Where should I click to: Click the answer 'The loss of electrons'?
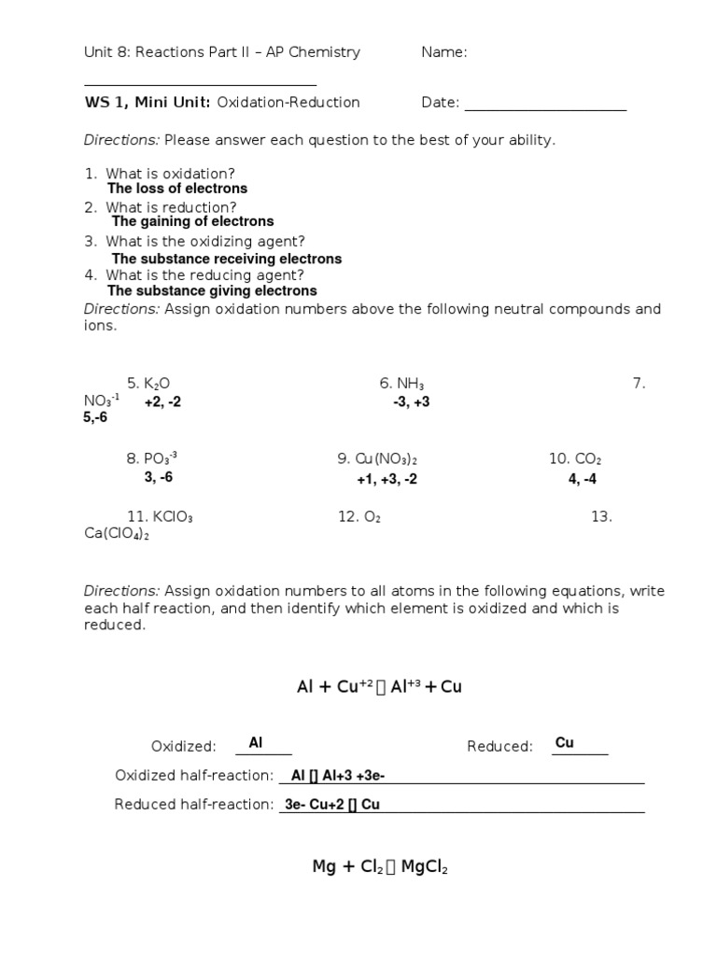point(177,189)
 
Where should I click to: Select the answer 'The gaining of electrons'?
point(192,222)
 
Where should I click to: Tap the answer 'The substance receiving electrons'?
point(226,259)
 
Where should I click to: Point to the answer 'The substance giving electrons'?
point(214,291)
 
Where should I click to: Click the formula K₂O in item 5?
point(157,383)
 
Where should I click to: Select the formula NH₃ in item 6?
point(411,383)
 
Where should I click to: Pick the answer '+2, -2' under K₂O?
point(162,402)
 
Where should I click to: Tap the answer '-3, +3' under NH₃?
point(411,402)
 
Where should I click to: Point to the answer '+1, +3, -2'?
point(387,479)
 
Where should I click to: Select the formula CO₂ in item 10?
point(588,459)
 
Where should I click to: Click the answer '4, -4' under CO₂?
point(583,479)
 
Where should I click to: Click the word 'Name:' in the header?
point(444,52)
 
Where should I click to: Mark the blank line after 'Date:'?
point(545,105)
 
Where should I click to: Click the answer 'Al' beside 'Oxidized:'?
point(256,743)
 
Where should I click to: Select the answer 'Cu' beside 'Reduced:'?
point(565,743)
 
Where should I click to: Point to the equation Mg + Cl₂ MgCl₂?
point(380,867)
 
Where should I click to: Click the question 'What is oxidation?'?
point(170,174)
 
